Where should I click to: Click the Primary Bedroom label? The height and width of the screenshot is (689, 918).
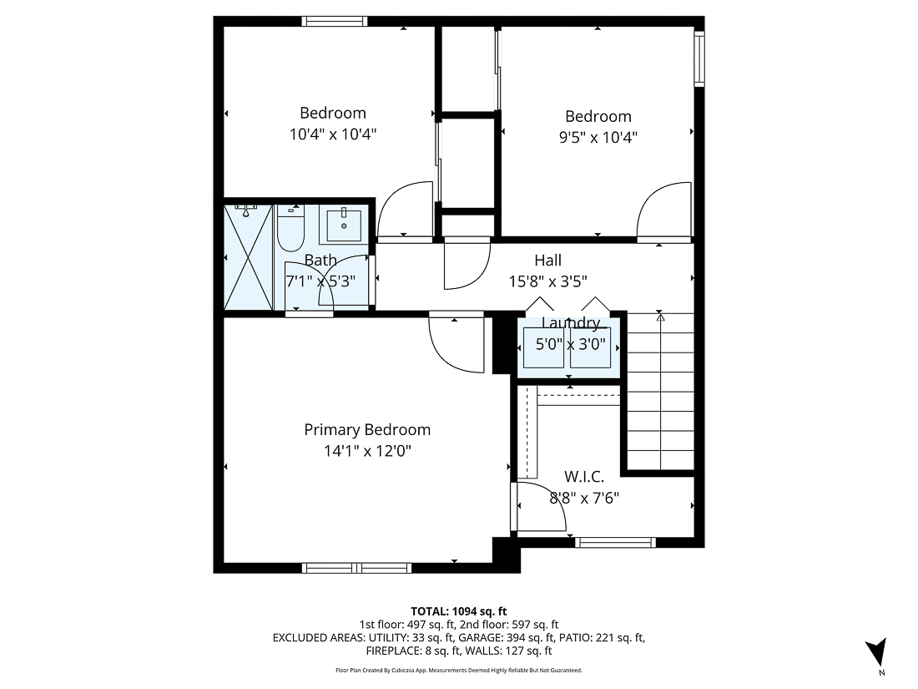[x=367, y=430]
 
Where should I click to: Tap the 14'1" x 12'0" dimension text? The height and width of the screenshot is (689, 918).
[x=367, y=451]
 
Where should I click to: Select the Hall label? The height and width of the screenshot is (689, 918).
[x=548, y=261]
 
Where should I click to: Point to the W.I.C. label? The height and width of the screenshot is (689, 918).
[x=584, y=477]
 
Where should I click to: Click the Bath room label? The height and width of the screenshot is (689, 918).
[x=320, y=261]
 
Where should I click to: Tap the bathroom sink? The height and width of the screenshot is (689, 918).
[x=343, y=225]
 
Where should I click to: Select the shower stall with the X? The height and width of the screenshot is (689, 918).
[x=249, y=257]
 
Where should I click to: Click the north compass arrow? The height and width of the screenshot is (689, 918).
[x=875, y=652]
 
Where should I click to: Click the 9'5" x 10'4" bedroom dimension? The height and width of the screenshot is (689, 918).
[x=598, y=137]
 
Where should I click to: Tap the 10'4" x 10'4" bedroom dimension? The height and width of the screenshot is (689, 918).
[x=333, y=134]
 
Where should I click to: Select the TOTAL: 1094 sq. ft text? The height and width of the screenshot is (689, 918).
[x=458, y=611]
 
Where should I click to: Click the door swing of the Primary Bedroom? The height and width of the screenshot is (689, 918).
[x=455, y=342]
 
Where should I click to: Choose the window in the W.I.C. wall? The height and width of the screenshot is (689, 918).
[x=615, y=543]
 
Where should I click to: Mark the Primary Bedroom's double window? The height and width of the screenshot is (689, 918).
[x=356, y=568]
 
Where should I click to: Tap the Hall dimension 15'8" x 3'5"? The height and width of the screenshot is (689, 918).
[x=548, y=282]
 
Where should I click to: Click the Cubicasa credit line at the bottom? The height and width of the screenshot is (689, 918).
[x=458, y=671]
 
